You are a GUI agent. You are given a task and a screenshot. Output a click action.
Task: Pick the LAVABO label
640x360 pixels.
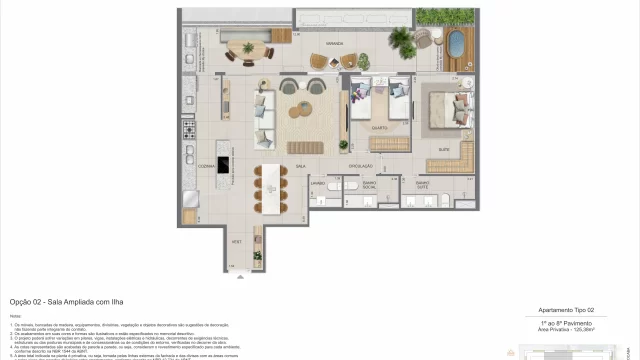(x=318, y=184)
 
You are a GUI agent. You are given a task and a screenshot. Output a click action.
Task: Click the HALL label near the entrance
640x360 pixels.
(x=236, y=241)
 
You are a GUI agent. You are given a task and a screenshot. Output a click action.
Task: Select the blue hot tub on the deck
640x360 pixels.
(x=459, y=45)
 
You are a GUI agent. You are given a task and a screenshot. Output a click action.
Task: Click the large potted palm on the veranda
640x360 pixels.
(x=401, y=40)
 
